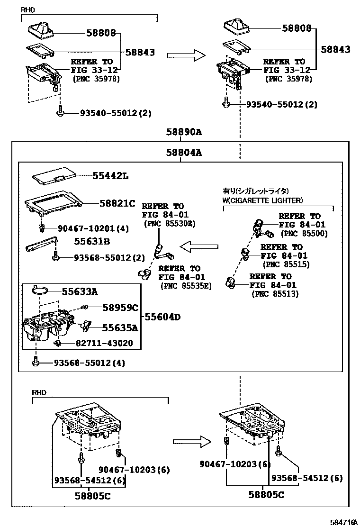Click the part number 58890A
(183, 132)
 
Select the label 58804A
(183, 153)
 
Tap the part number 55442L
(110, 176)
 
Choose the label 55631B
(91, 242)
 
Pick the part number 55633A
(80, 291)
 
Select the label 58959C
(120, 308)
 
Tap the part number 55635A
(120, 327)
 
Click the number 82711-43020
(104, 343)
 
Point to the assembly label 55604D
(162, 317)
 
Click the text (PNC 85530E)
(170, 224)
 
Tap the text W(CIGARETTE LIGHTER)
(263, 200)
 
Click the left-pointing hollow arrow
(199, 246)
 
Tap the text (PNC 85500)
(304, 234)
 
